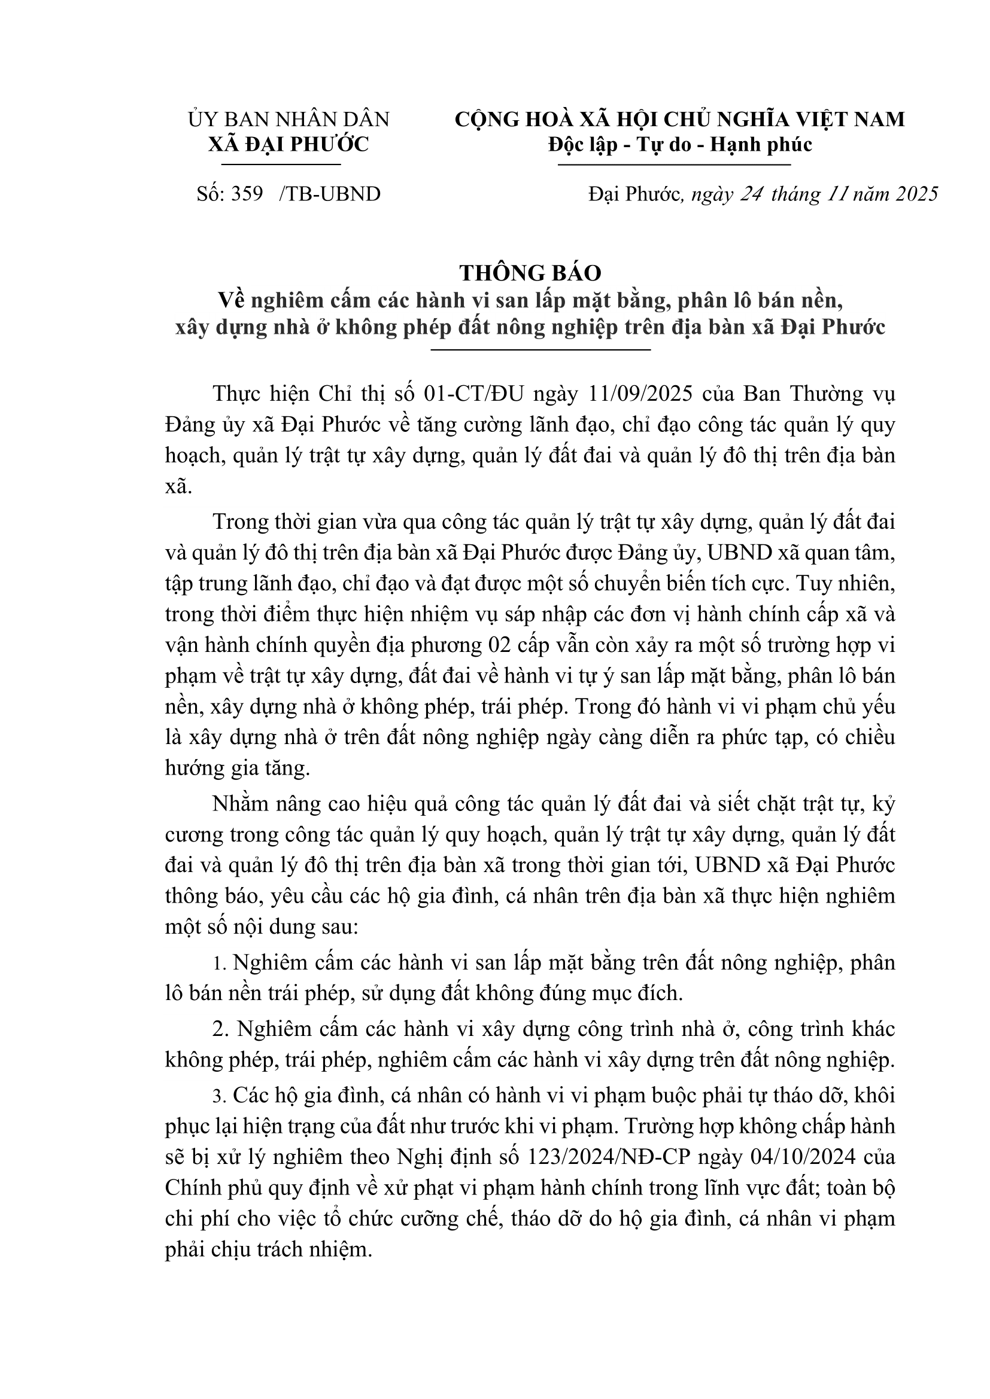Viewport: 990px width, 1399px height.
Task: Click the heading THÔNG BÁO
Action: [x=530, y=273]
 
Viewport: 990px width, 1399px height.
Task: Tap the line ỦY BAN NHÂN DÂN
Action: [x=289, y=120]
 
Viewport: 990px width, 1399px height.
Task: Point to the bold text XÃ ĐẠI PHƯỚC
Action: [x=289, y=144]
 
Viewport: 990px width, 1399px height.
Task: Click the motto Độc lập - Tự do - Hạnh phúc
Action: [x=680, y=144]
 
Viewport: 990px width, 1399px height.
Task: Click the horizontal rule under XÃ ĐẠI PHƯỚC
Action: [x=281, y=164]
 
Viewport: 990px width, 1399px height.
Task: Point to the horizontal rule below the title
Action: [x=540, y=350]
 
